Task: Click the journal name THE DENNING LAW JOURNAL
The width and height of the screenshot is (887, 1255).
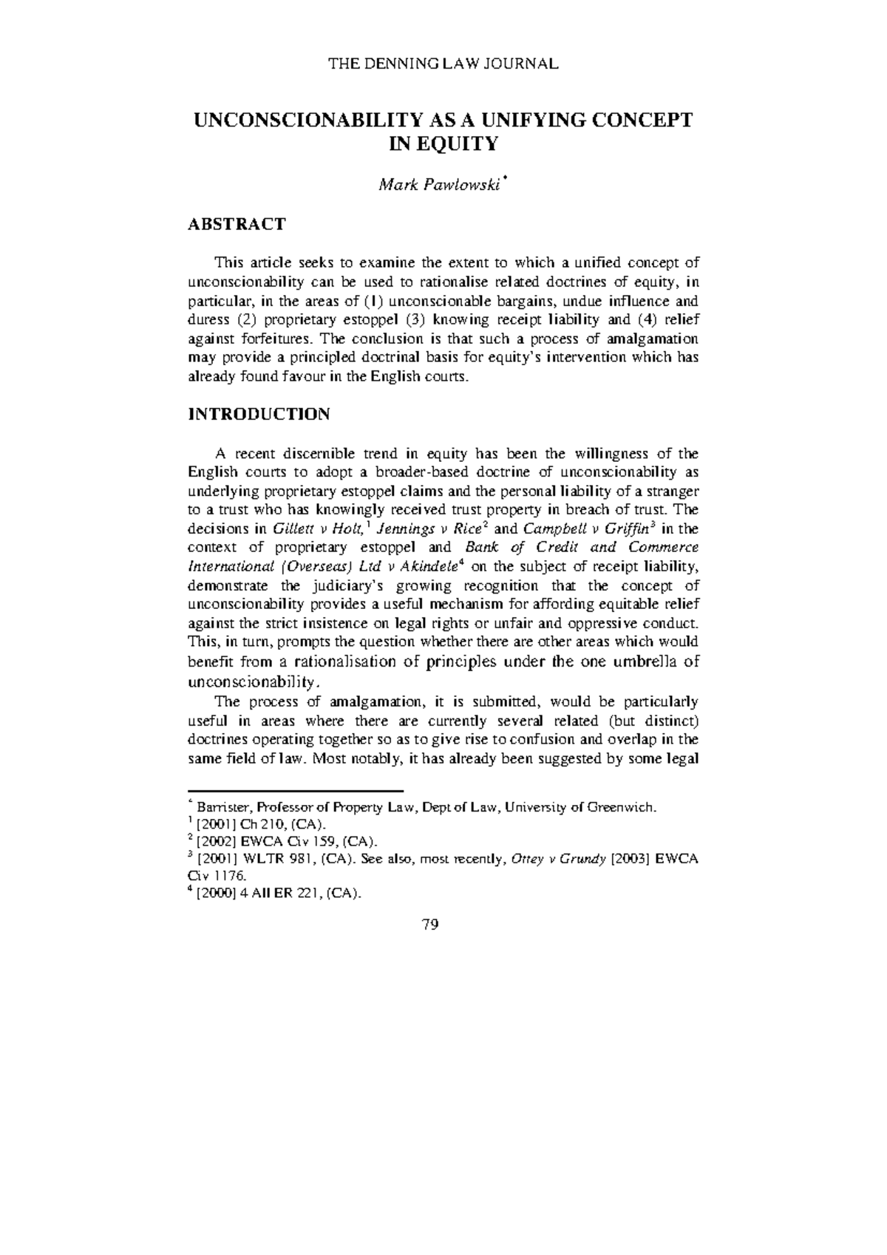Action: [x=443, y=64]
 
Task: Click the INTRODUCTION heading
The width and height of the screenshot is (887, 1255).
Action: [x=259, y=414]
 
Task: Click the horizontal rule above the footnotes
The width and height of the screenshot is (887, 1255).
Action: [x=296, y=791]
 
